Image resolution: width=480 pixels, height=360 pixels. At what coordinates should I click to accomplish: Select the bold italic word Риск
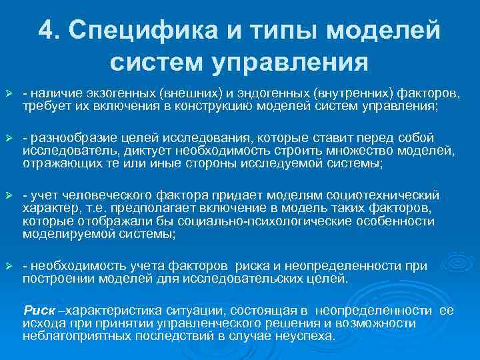(x=39, y=311)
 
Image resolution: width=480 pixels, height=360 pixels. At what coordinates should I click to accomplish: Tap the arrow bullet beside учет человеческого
(x=9, y=195)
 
